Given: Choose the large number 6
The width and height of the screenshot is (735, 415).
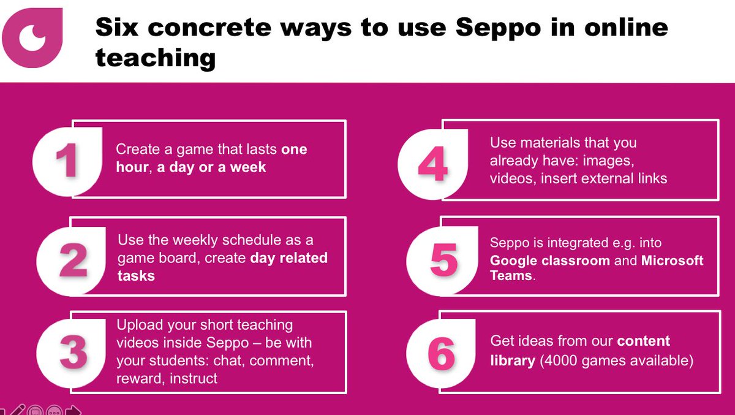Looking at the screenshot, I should coord(442,354).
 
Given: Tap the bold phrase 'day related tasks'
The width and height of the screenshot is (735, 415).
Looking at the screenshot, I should coord(222,266).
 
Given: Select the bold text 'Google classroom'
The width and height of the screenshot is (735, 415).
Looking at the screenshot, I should coord(549,261).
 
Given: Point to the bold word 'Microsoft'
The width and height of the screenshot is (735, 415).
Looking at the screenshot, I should coord(672,261).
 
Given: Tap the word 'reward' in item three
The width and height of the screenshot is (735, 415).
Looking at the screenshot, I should coord(135,378).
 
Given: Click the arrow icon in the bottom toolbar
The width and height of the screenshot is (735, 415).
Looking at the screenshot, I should coord(73,410).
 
